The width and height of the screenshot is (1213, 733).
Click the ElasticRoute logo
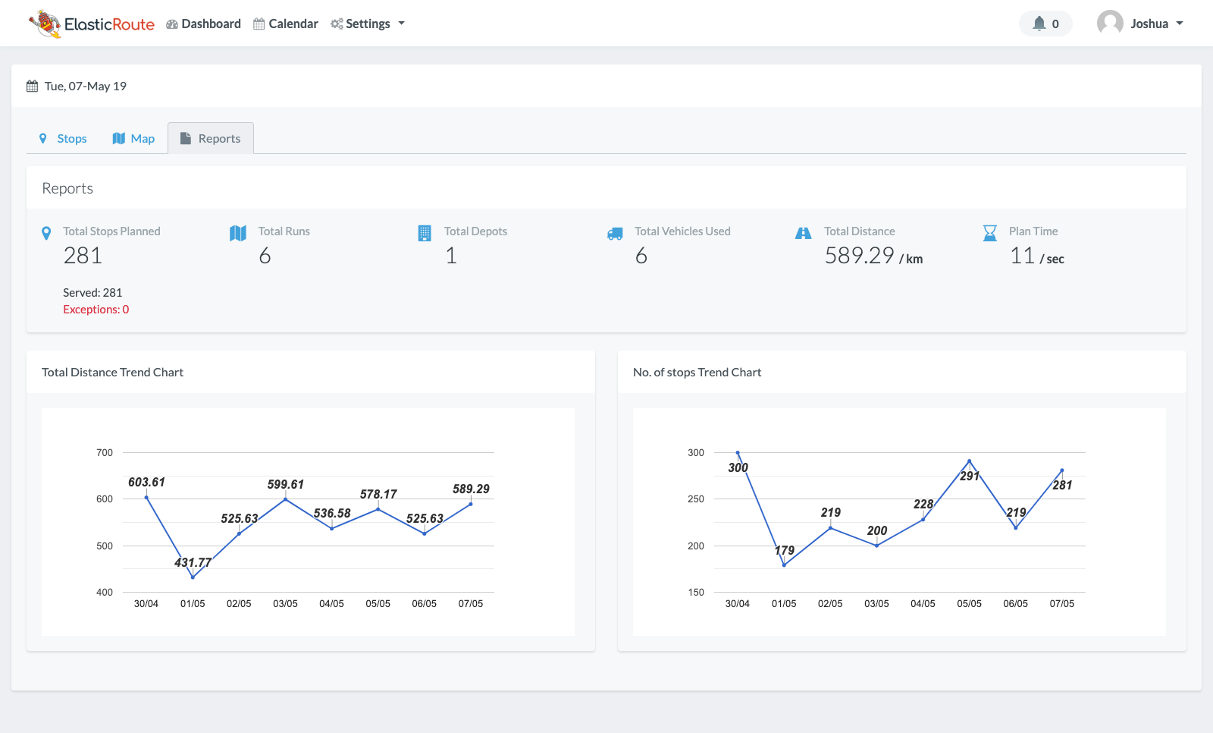pos(92,24)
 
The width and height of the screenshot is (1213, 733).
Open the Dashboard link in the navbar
pos(203,24)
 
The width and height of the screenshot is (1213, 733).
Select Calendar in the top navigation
pos(286,24)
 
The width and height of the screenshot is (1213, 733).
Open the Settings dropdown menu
pos(368,24)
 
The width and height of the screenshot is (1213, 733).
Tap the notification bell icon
pos(1039,24)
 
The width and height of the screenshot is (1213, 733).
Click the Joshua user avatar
pos(1110,24)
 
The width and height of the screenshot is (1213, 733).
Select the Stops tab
pos(63,138)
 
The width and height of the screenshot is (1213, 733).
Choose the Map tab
pos(133,138)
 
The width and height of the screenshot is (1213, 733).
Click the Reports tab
pos(211,138)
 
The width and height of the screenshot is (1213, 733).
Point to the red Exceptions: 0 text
pos(96,310)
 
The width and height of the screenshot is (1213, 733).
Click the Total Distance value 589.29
pos(859,256)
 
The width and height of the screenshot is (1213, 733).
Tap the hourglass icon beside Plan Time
pos(989,233)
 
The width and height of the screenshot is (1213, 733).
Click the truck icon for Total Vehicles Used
pos(615,234)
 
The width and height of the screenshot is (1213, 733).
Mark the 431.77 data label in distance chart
pos(193,562)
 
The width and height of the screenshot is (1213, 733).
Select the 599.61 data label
pos(285,484)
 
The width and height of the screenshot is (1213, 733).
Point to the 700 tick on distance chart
pos(105,453)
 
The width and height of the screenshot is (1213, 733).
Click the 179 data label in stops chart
pos(785,550)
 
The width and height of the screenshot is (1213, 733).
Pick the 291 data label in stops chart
pos(970,476)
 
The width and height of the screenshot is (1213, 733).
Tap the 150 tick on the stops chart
pos(696,593)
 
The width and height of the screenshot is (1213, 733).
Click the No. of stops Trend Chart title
pos(697,372)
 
